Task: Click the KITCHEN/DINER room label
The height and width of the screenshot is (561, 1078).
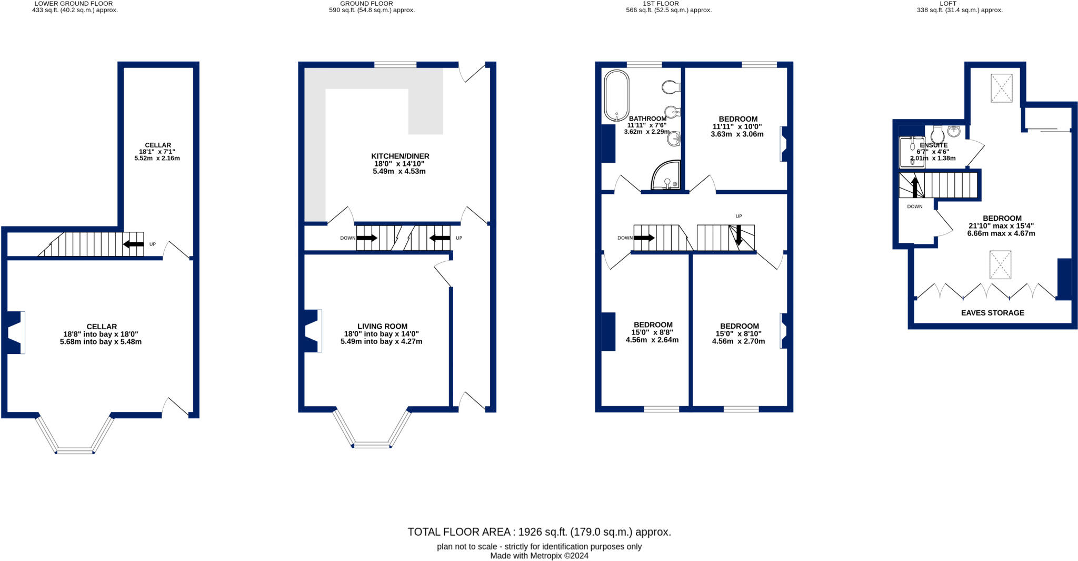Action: coord(400,156)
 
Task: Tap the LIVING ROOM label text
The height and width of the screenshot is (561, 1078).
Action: coord(382,326)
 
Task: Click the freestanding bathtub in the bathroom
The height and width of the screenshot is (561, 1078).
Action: coord(616,95)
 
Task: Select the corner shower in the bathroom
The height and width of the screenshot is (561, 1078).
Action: coord(666,176)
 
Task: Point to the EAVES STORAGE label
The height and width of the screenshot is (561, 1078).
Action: coord(992,313)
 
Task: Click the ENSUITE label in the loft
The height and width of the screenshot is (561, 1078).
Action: coord(933,145)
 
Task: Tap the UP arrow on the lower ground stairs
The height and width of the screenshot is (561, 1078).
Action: coord(133,244)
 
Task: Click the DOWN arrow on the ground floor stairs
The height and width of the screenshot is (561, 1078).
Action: coord(367,238)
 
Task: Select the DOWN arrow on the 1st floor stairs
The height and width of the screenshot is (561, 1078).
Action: coord(644,238)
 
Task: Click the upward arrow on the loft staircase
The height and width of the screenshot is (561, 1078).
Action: coord(915,187)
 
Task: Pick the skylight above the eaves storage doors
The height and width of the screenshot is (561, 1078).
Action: coord(1000,264)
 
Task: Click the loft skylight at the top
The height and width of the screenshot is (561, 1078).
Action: coord(1001,88)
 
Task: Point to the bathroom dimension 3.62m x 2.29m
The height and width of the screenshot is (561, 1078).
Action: coord(646,132)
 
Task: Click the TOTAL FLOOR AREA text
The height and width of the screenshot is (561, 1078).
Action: coord(539,532)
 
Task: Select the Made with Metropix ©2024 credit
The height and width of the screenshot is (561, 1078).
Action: coord(539,556)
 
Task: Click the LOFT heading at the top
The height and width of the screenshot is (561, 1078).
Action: coord(948,4)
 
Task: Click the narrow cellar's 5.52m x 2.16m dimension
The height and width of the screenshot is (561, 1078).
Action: coord(157,158)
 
